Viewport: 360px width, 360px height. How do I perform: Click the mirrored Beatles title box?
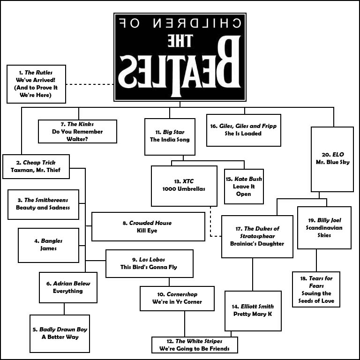tap(180, 57)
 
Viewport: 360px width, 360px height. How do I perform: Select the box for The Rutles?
tap(36, 84)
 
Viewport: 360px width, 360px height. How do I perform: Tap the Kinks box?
tap(77, 131)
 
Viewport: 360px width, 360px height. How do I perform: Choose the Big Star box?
tap(170, 136)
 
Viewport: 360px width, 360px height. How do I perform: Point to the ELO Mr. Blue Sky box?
tap(332, 159)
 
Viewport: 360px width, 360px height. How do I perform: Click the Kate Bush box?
tap(244, 187)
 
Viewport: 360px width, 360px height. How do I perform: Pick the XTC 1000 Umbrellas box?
tap(184, 186)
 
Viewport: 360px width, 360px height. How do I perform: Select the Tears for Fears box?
tap(316, 289)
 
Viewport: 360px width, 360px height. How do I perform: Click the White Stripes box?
tap(195, 345)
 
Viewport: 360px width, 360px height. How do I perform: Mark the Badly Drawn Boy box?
tap(60, 333)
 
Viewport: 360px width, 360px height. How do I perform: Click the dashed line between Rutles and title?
tap(90, 84)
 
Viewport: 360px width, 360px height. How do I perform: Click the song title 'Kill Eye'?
tap(148, 231)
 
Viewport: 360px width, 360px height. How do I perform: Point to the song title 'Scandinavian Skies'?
tap(324, 232)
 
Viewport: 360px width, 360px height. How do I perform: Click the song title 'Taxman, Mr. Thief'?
tap(36, 170)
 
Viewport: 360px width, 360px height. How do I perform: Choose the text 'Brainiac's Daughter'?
tap(257, 244)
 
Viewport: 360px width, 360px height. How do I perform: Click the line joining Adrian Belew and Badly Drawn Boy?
tap(64, 309)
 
